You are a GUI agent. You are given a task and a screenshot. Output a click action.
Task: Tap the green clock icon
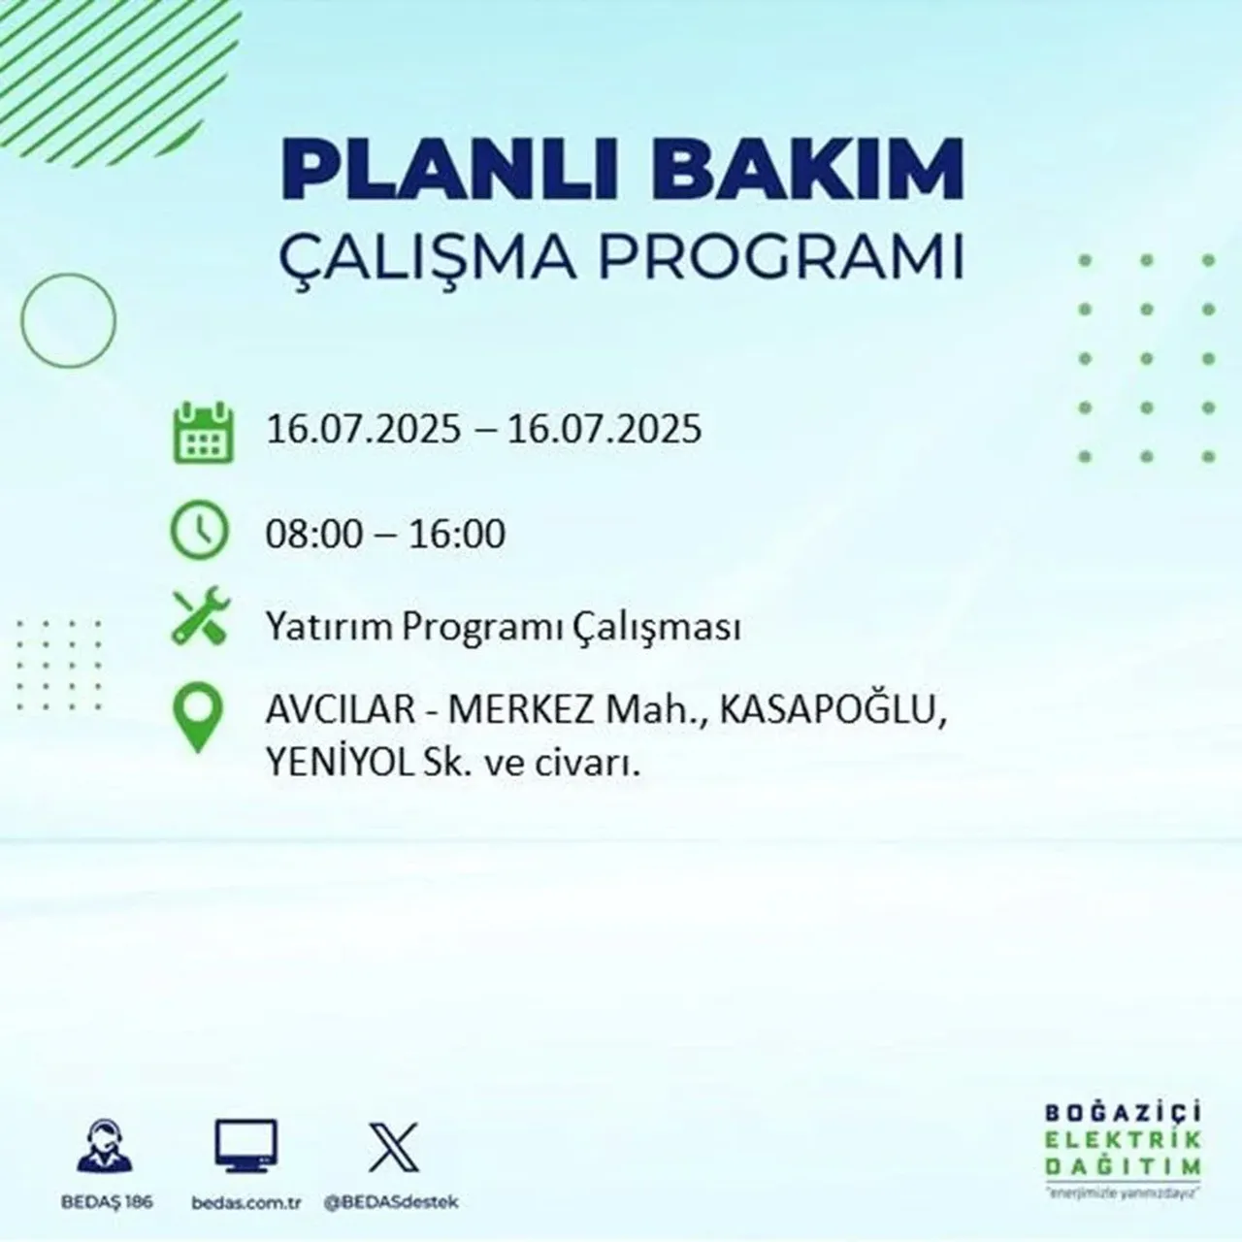tap(200, 532)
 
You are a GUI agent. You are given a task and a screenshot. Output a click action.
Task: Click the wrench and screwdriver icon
tap(200, 618)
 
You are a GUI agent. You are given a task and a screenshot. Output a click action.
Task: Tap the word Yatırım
tap(330, 628)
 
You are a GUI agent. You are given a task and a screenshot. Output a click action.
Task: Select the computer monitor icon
tap(245, 1147)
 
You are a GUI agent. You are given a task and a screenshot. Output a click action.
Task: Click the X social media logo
tap(393, 1147)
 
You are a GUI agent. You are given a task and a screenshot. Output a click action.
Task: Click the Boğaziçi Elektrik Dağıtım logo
tap(1123, 1149)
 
